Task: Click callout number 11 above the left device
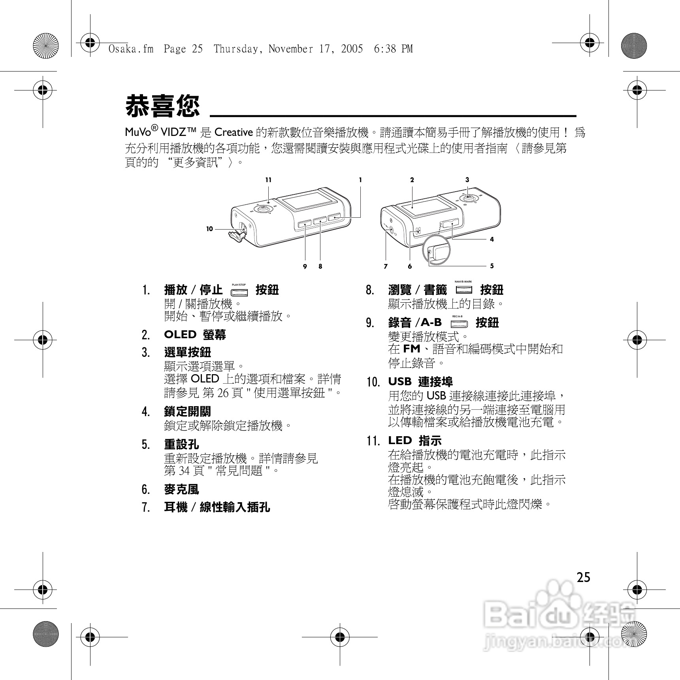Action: (x=268, y=180)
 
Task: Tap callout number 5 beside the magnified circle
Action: (x=492, y=266)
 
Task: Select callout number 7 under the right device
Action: (x=386, y=266)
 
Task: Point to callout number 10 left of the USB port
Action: (x=209, y=229)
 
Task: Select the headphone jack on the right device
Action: (x=391, y=230)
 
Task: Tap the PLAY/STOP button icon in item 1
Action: (x=239, y=292)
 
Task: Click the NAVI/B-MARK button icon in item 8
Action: (x=463, y=290)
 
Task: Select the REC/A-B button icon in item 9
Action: (x=459, y=324)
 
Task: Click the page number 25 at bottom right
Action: (x=583, y=577)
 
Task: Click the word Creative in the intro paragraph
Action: (x=233, y=132)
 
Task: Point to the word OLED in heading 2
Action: (x=180, y=335)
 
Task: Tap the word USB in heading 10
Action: (x=399, y=382)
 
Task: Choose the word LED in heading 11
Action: (x=399, y=441)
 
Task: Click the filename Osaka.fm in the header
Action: (x=131, y=49)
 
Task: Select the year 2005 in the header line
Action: (x=352, y=49)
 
